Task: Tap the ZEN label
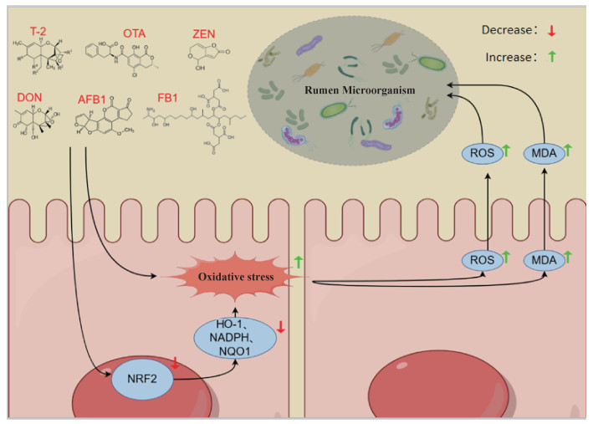click(207, 32)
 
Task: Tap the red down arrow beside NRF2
click(175, 362)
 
